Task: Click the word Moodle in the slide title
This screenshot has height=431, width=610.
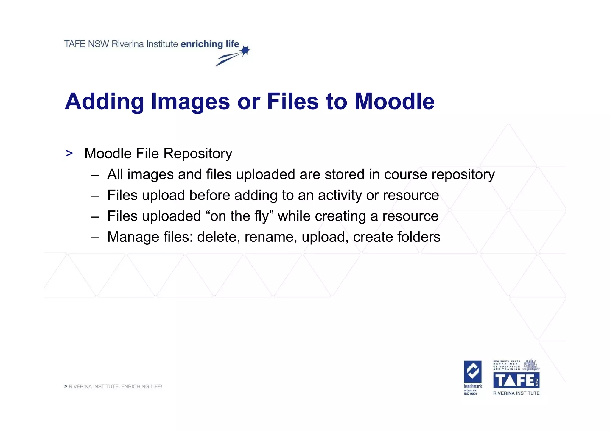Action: click(x=394, y=101)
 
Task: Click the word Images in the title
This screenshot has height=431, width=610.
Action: click(x=190, y=101)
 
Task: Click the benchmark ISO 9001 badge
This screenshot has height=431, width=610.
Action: click(x=472, y=377)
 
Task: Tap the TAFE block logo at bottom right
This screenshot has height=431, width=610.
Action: click(x=516, y=380)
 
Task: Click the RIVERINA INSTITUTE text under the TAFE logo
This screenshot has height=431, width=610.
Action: click(x=516, y=393)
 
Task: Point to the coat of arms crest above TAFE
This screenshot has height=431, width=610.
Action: click(x=531, y=365)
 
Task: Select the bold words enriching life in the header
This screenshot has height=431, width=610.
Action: click(x=210, y=44)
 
